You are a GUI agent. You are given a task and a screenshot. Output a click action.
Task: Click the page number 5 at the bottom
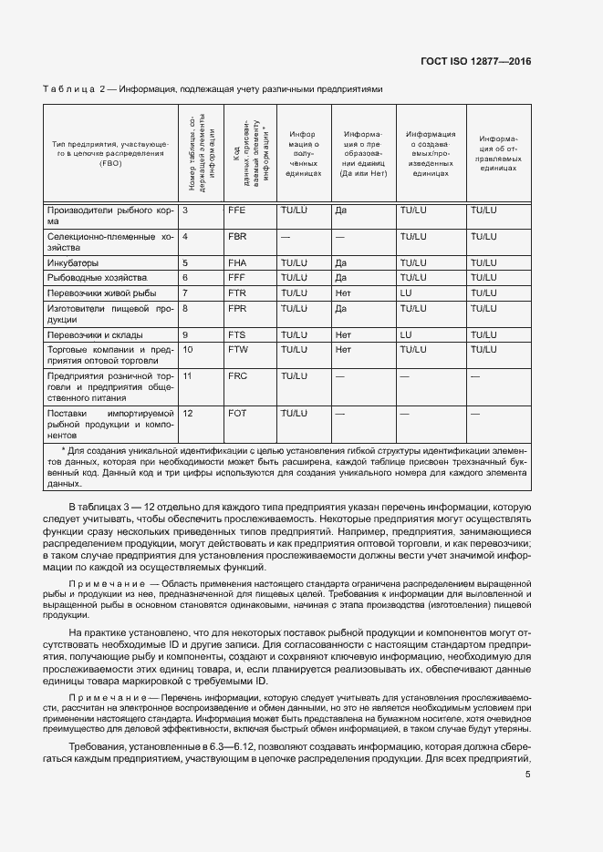528,775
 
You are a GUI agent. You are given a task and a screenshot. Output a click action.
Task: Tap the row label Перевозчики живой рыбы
101,293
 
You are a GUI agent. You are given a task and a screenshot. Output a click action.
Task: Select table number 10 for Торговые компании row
189,349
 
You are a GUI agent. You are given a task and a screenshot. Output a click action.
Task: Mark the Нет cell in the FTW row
343,349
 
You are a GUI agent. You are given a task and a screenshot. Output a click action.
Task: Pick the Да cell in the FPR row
340,309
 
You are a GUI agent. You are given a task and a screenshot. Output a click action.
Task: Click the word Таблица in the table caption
69,89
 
